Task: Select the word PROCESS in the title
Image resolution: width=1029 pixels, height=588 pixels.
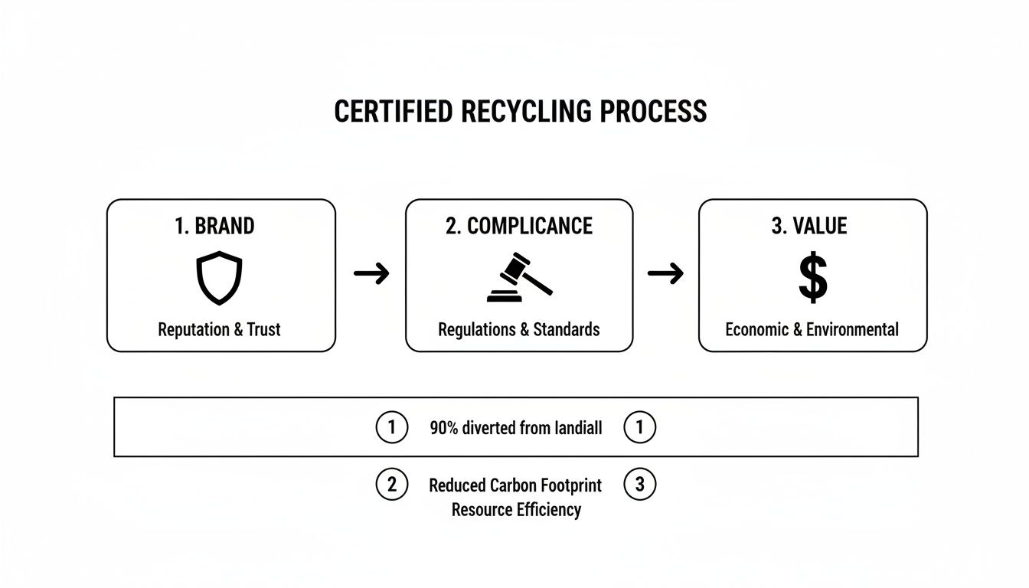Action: click(653, 112)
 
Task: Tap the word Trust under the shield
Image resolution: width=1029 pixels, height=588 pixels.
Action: click(264, 330)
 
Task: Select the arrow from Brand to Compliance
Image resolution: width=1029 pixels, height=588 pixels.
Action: click(371, 273)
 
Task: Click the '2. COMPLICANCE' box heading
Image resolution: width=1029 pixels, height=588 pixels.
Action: click(519, 226)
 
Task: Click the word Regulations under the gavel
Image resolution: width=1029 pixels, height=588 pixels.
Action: click(476, 330)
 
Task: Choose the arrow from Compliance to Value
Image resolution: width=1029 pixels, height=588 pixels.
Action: click(665, 273)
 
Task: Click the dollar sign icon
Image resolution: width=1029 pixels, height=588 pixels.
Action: click(812, 279)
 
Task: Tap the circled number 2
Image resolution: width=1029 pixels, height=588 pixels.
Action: click(392, 485)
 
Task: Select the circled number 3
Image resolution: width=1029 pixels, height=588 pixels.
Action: click(640, 485)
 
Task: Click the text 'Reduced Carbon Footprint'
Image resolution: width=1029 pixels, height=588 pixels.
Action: click(515, 485)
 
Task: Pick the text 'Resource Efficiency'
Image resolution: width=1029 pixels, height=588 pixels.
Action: click(516, 510)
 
